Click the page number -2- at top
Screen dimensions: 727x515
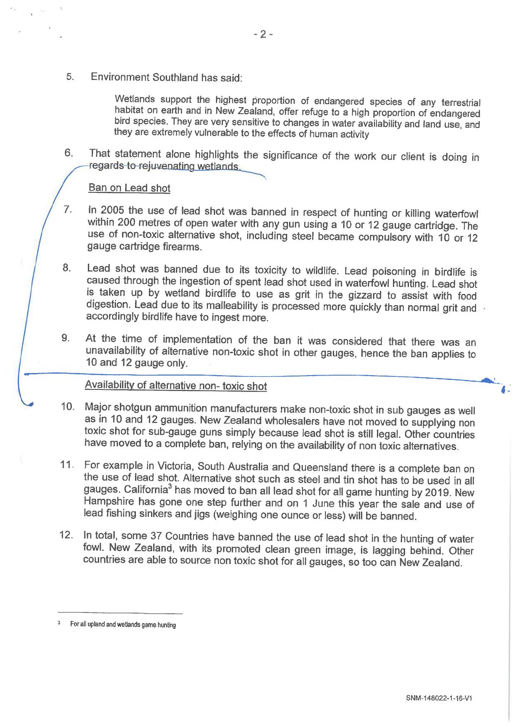pyautogui.click(x=263, y=34)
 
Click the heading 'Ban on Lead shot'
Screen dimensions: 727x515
pyautogui.click(x=129, y=188)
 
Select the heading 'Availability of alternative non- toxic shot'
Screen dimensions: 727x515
pyautogui.click(x=176, y=385)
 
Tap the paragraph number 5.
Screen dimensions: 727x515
pyautogui.click(x=70, y=77)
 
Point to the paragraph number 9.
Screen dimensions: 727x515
pyautogui.click(x=65, y=338)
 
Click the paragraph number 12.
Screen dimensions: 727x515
pyautogui.click(x=66, y=535)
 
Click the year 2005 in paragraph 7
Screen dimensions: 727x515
pyautogui.click(x=112, y=210)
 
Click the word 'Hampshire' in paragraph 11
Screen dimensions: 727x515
pyautogui.click(x=108, y=501)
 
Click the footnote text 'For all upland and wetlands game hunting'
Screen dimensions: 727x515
pyautogui.click(x=123, y=625)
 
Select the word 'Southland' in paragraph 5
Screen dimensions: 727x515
pyautogui.click(x=175, y=77)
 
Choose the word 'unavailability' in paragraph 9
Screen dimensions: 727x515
pyautogui.click(x=114, y=351)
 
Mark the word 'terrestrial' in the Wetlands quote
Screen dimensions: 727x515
pyautogui.click(x=460, y=102)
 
